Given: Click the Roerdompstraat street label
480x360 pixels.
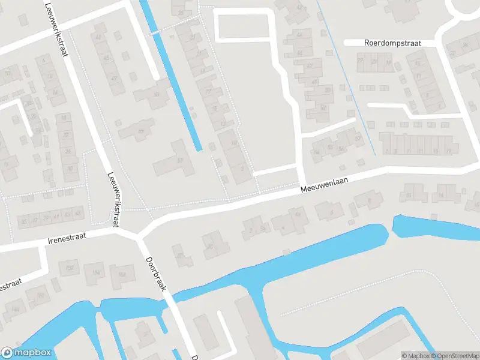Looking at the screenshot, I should tap(392, 43).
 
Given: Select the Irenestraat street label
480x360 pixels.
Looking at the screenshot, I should tap(67, 238).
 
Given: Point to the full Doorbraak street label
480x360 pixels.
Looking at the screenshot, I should tap(155, 274).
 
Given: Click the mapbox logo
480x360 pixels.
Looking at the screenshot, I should tap(26, 353).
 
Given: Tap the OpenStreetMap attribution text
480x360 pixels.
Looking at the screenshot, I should tap(454, 356).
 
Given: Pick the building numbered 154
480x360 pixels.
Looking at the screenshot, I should tap(95, 273).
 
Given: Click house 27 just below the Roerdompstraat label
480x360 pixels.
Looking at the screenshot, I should tap(361, 61).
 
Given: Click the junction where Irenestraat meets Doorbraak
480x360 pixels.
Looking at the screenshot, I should tap(140, 234).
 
